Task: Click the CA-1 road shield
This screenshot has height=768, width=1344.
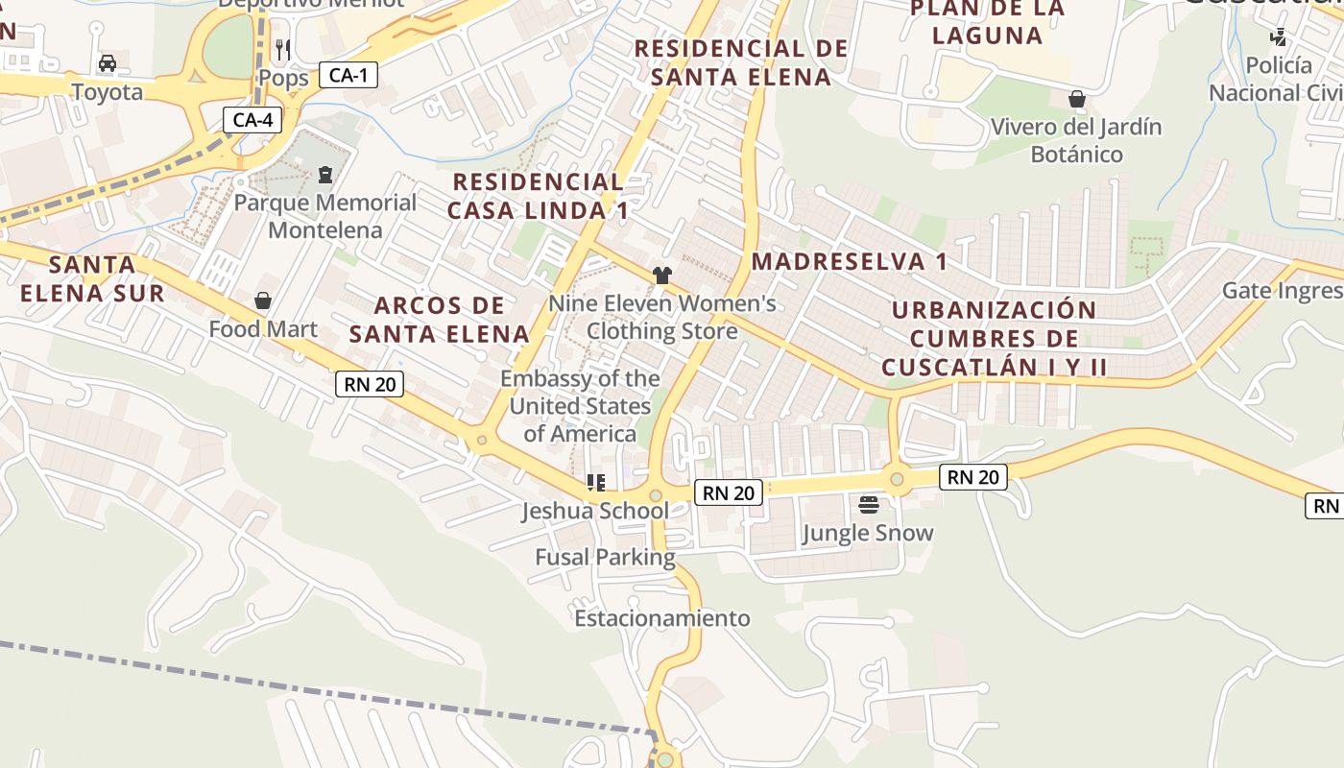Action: click(x=348, y=75)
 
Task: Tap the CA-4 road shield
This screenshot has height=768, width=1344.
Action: click(x=253, y=120)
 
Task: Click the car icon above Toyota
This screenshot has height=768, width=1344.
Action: click(x=108, y=63)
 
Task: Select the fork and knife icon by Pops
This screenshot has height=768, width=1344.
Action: click(x=283, y=49)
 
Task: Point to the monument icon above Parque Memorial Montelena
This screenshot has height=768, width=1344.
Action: click(x=325, y=175)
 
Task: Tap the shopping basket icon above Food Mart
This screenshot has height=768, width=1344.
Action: click(x=263, y=301)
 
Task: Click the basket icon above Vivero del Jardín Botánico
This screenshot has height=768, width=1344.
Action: click(x=1077, y=99)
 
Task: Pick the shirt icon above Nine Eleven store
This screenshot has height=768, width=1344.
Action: click(x=661, y=276)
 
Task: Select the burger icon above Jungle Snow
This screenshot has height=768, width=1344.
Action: click(x=869, y=504)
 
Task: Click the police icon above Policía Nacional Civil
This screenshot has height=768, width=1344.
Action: click(x=1278, y=37)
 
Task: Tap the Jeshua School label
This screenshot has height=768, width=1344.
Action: click(x=595, y=511)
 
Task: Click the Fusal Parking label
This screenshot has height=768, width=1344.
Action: click(x=605, y=557)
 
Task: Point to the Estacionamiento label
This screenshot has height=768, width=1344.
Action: click(x=661, y=618)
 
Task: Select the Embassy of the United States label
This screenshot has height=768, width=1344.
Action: click(x=580, y=406)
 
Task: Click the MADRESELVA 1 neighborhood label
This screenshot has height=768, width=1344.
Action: click(x=849, y=261)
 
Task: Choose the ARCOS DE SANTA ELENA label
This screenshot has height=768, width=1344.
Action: click(x=439, y=320)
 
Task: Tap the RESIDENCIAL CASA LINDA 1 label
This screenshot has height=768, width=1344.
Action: click(x=539, y=196)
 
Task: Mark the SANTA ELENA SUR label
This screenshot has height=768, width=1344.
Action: click(x=92, y=278)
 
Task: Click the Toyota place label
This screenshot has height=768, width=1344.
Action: click(x=108, y=92)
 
